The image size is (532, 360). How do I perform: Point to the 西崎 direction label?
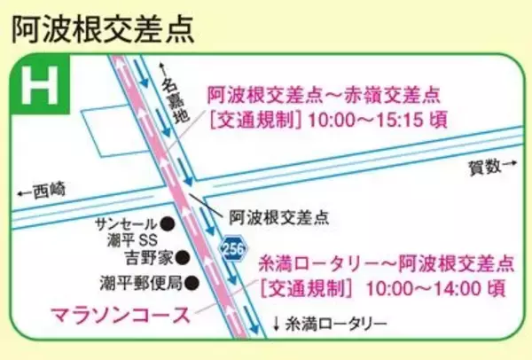43,189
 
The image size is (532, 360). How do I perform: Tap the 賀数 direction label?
485,165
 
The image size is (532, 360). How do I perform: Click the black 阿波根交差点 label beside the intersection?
278,215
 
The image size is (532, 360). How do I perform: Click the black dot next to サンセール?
167,223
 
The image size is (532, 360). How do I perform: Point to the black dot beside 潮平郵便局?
190,284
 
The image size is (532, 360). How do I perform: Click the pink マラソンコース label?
121,315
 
